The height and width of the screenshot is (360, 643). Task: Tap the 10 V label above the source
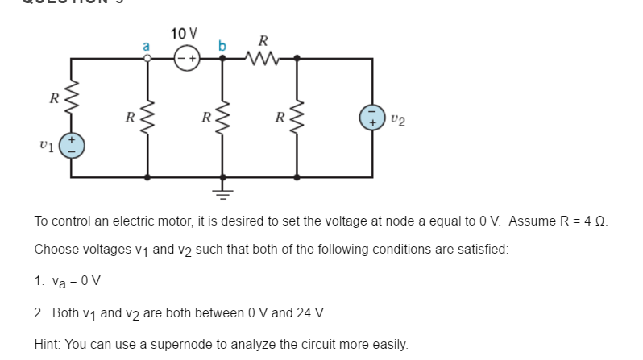[184, 33]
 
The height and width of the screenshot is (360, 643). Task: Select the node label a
[146, 46]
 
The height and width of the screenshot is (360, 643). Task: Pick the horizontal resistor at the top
[262, 59]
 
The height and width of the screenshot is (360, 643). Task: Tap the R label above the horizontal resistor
[262, 40]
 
